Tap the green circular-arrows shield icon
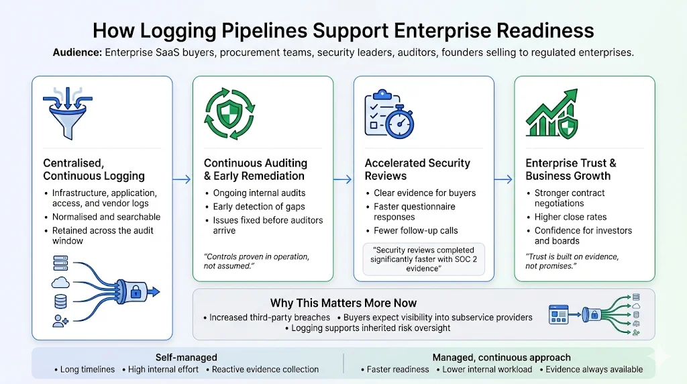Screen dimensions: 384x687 tap(229, 111)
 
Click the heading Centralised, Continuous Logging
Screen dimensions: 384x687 tap(94, 169)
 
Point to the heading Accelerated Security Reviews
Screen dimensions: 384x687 tap(417, 169)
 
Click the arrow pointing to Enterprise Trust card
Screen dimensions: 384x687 tap(504, 179)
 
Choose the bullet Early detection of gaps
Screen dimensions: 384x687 tap(259, 207)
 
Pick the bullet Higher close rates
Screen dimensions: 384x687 tap(570, 217)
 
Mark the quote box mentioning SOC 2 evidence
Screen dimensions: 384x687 tap(424, 259)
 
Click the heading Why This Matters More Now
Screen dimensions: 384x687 tap(343, 303)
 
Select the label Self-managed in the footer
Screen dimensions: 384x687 tap(176, 357)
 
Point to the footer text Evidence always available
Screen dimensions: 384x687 tap(594, 369)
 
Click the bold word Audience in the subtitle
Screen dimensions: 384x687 tap(77, 52)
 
